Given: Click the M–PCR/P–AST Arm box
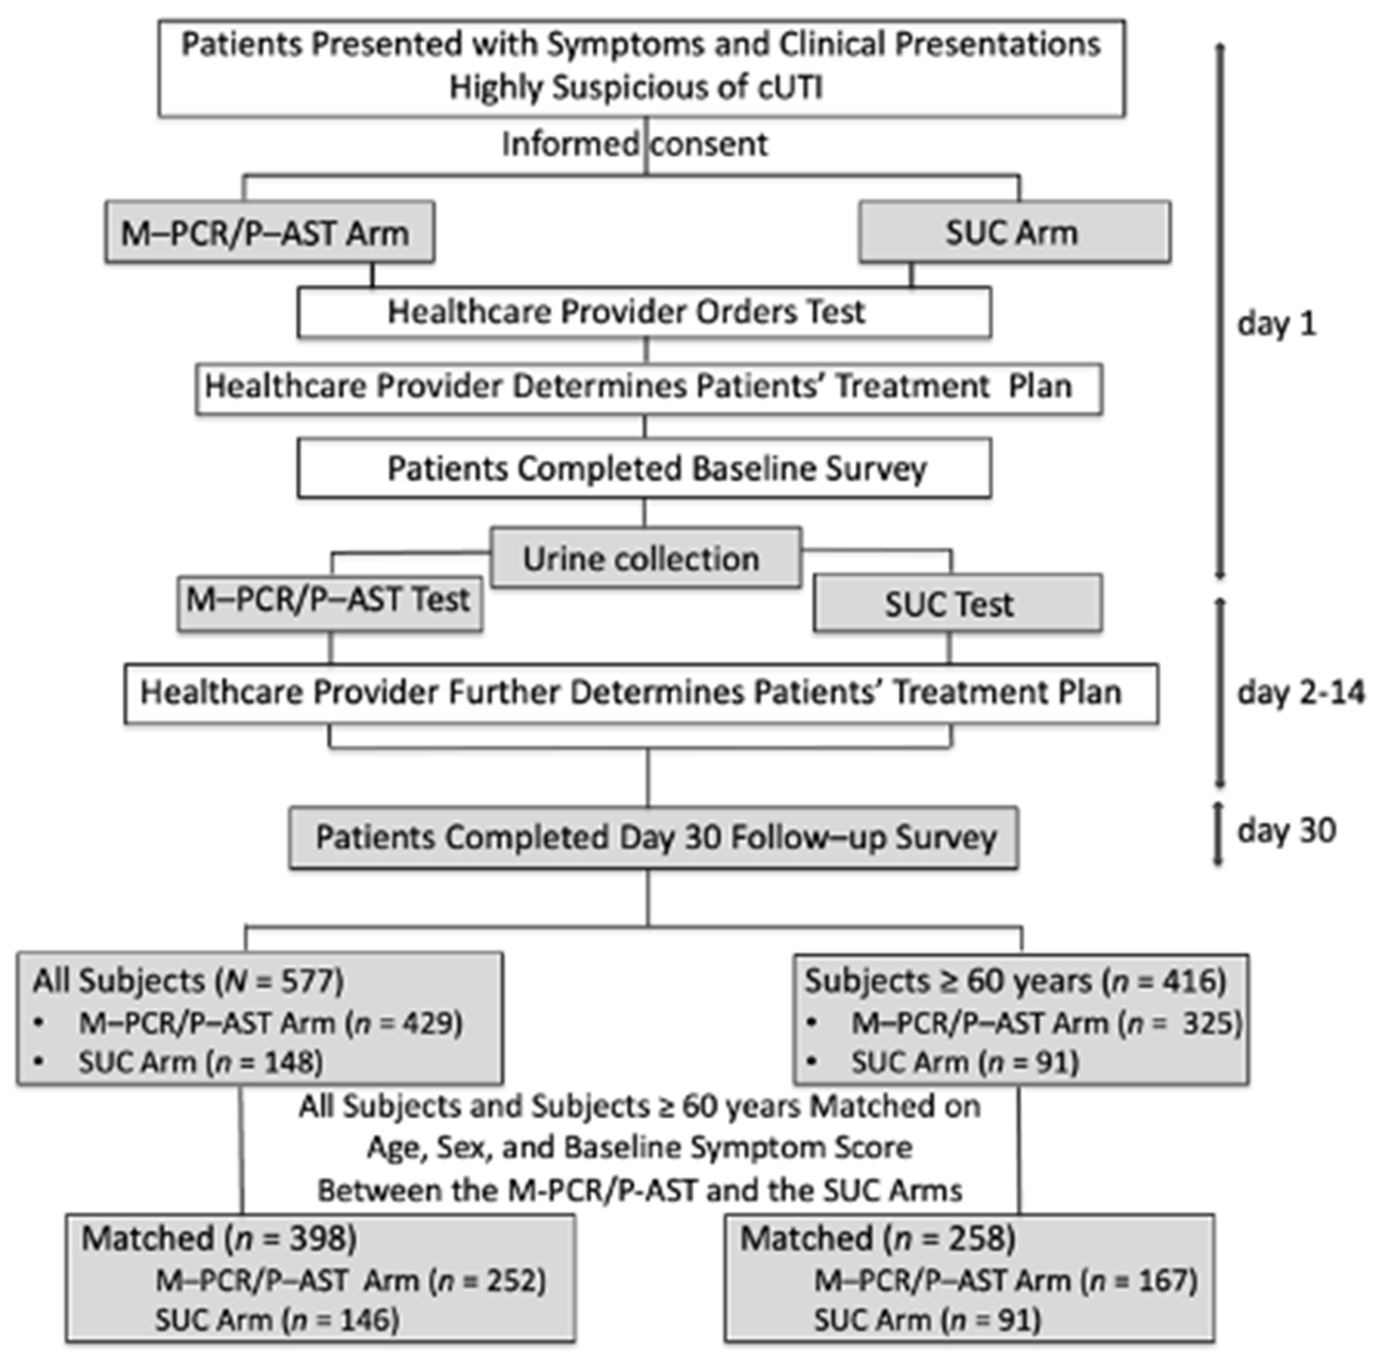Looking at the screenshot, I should click(x=270, y=232).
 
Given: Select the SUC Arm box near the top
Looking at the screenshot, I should click(x=1014, y=232).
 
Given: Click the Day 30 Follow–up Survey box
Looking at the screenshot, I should click(x=653, y=838).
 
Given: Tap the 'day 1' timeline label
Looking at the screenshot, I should click(x=1276, y=324).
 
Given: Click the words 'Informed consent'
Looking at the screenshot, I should click(x=635, y=144).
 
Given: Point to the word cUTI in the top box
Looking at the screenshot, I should click(x=786, y=88).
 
